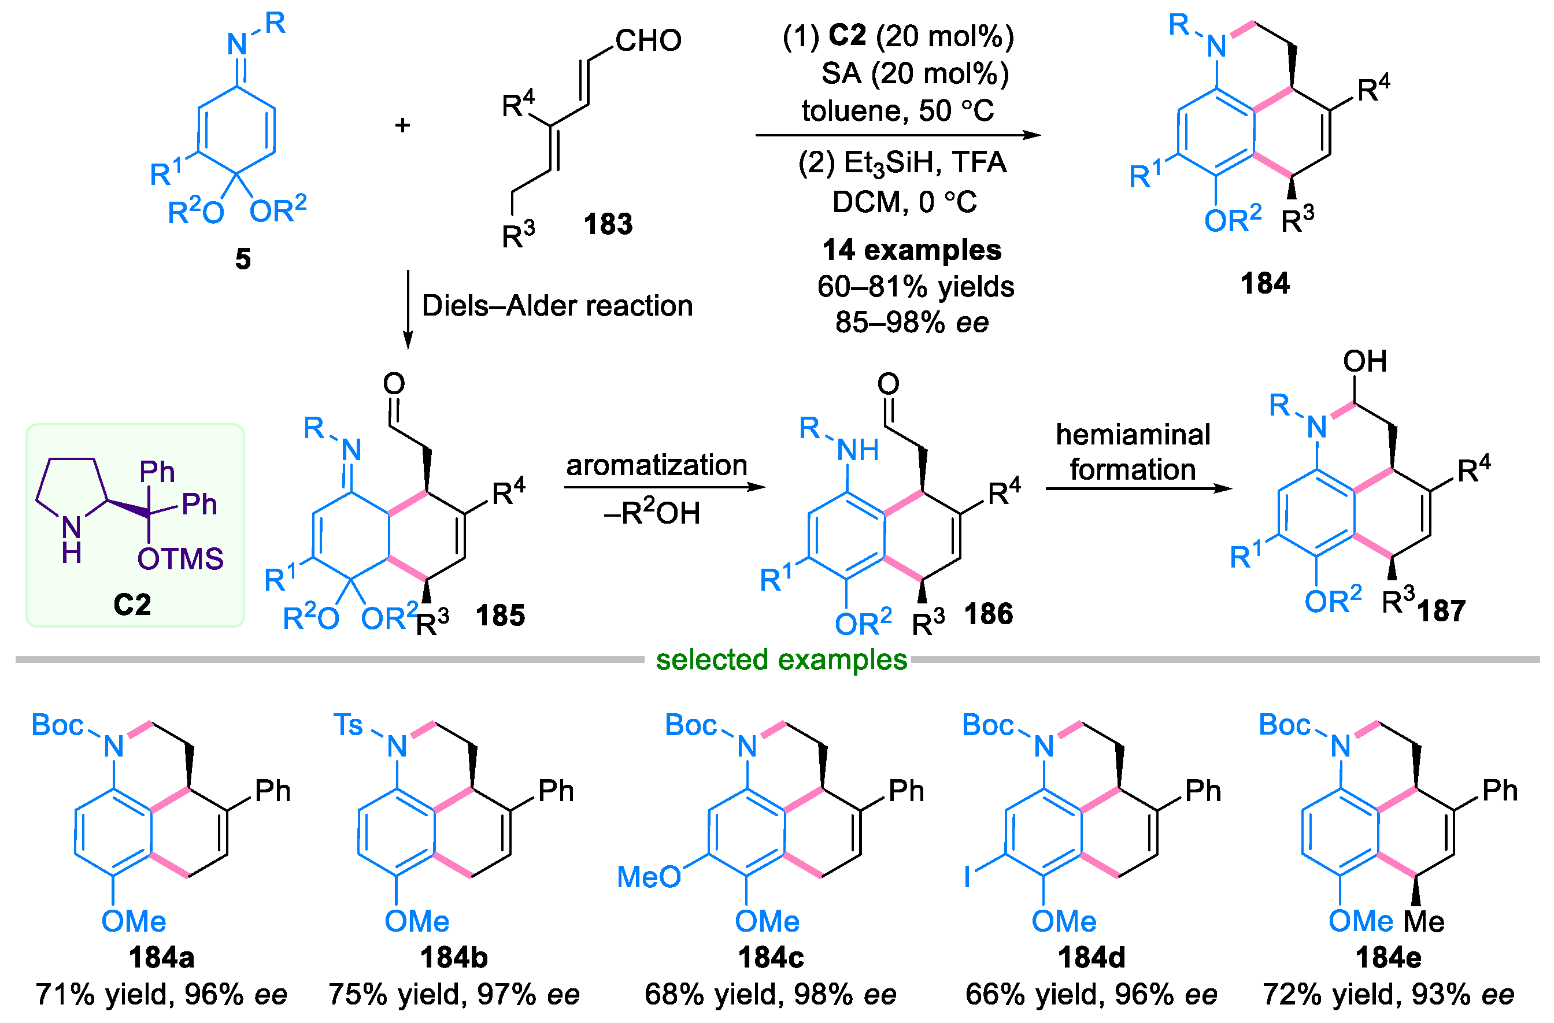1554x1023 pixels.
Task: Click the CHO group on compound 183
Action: point(647,40)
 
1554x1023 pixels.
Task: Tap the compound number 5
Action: point(243,259)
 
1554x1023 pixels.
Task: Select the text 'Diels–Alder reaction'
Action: point(557,306)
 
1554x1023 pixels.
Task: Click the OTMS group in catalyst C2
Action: point(180,559)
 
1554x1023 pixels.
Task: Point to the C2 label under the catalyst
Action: point(132,604)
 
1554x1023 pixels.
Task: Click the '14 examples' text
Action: point(912,250)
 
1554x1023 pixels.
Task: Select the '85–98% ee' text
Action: point(912,323)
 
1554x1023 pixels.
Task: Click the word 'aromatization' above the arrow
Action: point(656,465)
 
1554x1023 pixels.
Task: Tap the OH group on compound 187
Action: point(1364,361)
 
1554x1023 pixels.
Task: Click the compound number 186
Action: point(989,614)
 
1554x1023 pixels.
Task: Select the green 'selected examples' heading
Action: point(782,659)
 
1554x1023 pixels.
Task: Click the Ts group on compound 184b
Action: point(348,725)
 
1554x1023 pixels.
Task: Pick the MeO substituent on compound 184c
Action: point(649,877)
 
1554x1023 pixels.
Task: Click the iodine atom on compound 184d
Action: point(968,877)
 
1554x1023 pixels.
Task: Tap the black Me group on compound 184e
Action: point(1424,922)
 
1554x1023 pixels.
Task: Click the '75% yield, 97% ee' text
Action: point(454,995)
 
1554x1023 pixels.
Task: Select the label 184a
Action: point(161,958)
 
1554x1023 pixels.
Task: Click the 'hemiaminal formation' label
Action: point(1133,452)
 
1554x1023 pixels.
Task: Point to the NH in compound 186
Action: point(857,450)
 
